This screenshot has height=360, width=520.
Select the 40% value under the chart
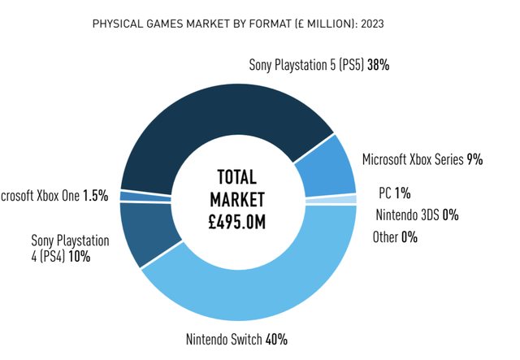tap(276, 340)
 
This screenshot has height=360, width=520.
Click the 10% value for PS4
tap(79, 257)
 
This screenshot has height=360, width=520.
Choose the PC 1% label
tap(395, 193)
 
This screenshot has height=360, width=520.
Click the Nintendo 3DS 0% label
tap(417, 215)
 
